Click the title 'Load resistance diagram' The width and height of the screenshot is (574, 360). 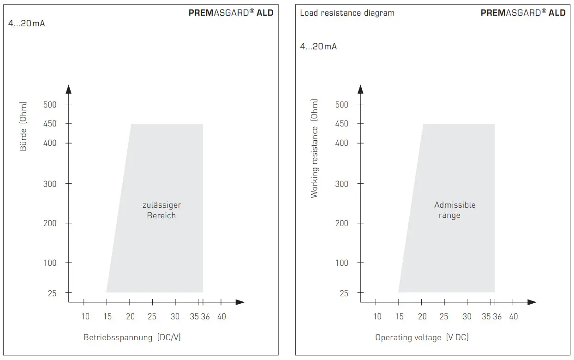tap(347, 13)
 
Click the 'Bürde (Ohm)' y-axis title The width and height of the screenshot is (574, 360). tap(24, 126)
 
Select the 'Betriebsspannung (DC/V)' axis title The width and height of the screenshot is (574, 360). tap(132, 337)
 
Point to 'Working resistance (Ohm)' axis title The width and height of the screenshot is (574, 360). tap(315, 148)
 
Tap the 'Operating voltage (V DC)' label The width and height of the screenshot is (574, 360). tap(422, 337)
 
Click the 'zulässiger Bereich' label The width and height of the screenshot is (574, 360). tap(161, 210)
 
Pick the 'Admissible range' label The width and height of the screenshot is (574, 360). tap(454, 210)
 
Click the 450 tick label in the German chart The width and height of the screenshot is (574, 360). tap(50, 124)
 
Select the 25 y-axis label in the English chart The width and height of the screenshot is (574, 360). tap(344, 293)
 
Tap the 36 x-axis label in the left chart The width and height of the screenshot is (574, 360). tap(205, 317)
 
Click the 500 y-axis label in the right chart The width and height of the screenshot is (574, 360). tap(341, 104)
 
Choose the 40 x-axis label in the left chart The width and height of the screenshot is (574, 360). tap(221, 317)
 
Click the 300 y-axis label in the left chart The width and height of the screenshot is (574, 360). tap(50, 184)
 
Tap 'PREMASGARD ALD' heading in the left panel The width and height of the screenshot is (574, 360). tap(231, 13)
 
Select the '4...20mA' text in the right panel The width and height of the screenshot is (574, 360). tap(318, 47)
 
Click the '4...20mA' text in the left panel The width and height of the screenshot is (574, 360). tap(27, 24)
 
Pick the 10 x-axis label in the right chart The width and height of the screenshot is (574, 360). tap(377, 317)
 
